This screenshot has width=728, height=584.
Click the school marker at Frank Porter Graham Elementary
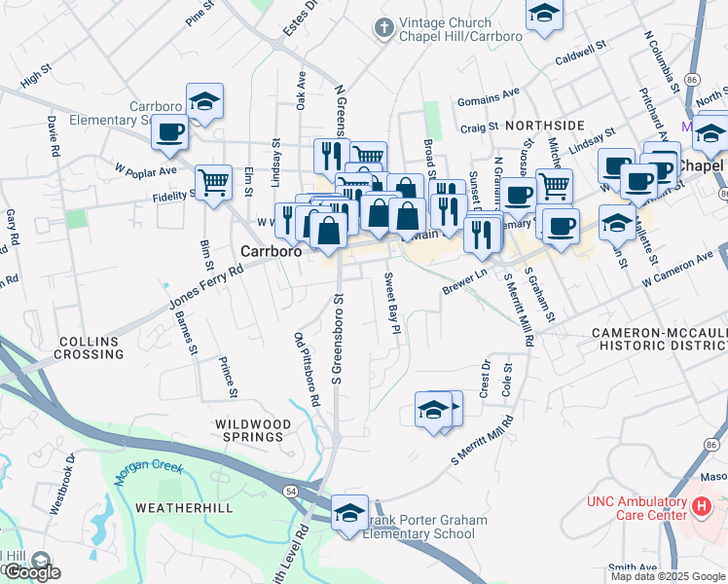point(349,512)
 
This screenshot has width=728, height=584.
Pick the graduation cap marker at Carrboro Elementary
point(204,101)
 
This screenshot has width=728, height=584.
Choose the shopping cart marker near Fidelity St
point(213,181)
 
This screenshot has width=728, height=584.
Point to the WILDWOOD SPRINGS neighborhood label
point(252,431)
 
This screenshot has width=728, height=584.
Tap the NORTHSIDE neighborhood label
point(544,126)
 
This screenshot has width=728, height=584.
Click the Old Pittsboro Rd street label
point(307,368)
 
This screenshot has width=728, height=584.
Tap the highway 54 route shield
point(293,493)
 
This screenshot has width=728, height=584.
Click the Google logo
point(31,572)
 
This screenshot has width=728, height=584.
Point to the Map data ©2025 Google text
point(668,576)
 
